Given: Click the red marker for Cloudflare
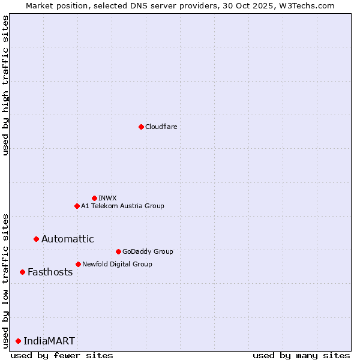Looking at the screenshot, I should (141, 127).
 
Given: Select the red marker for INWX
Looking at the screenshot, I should (94, 198).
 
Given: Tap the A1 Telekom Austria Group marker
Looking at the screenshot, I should (77, 206).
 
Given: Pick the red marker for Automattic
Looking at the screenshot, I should (36, 239).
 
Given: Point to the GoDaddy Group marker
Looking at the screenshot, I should (118, 251).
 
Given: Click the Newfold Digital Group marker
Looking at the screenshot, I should (78, 264).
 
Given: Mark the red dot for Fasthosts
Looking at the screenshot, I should (22, 272).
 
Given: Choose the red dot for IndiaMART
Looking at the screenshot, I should (18, 341).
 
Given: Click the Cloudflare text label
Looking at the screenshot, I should (161, 127).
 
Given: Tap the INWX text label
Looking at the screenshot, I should (107, 198).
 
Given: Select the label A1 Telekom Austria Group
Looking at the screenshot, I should (122, 206).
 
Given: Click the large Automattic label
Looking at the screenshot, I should (67, 239).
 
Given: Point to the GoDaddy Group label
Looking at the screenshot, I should (148, 251).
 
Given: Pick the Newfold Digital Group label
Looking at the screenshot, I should (117, 264).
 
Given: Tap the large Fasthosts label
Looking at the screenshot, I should (50, 272).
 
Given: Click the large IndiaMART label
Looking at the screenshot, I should (49, 341).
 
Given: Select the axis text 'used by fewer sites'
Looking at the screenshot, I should (62, 355).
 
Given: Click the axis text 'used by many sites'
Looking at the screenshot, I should (301, 355).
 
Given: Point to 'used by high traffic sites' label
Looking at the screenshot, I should (5, 86).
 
